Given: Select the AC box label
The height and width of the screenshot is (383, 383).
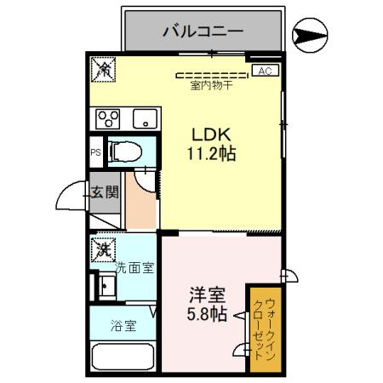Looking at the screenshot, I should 264,71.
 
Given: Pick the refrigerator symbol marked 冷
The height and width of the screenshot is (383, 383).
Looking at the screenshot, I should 102,70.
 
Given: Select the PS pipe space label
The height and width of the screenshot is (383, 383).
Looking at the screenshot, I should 96,154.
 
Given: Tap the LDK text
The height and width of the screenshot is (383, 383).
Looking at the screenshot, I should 206,134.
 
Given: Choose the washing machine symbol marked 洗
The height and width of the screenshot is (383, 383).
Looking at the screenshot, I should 103,249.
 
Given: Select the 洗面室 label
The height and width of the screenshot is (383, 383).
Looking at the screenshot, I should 134,268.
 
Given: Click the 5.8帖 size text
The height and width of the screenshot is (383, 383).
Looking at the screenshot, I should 207,315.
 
